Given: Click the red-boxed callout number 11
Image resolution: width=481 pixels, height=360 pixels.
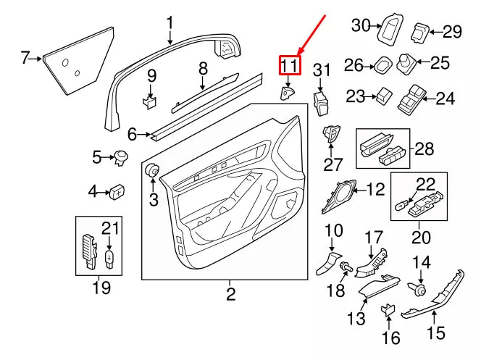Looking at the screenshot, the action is (290, 66).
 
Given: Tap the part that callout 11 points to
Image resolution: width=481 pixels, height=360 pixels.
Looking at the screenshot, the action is (287, 93).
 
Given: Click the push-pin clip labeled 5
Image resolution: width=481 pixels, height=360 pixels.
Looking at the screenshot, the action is (121, 158).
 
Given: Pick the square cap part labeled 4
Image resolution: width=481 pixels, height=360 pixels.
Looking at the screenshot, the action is (117, 192).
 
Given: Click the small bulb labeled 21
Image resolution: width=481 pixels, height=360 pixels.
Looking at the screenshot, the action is (109, 259).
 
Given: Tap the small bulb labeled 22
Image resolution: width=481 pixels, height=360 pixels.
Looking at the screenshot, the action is (402, 206).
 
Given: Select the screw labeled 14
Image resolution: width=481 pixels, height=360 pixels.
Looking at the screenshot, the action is (417, 288).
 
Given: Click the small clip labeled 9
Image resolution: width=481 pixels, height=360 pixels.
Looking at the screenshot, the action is (150, 102).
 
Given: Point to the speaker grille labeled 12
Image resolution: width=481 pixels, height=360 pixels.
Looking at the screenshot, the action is (339, 196).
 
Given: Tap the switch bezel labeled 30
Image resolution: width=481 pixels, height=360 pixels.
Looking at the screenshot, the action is (390, 30).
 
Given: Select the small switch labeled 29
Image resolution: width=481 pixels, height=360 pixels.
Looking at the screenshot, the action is (419, 33).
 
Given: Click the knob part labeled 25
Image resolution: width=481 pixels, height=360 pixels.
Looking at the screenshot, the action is (406, 64).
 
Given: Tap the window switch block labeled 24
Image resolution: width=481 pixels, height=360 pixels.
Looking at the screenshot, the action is (411, 98).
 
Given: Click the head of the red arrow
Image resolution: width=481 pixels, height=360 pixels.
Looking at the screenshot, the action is (299, 54).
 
